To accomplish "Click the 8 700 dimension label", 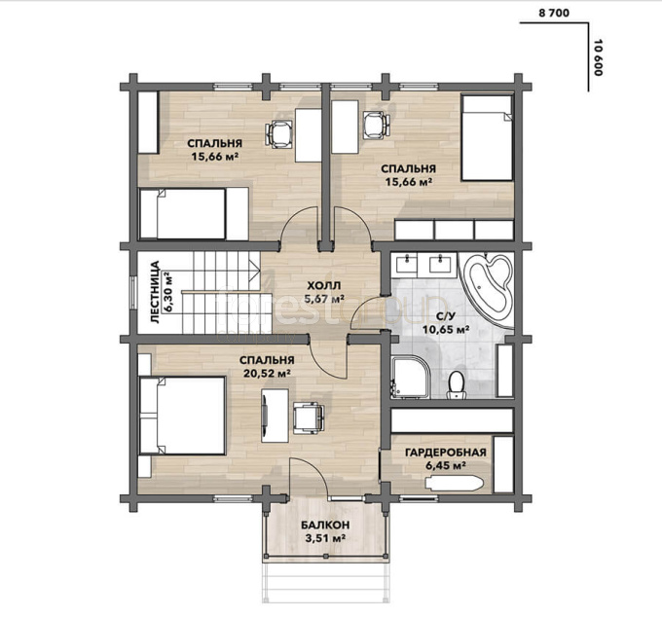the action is click(x=554, y=13).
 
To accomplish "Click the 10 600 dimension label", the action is click(x=598, y=57).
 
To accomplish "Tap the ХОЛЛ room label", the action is click(x=324, y=286).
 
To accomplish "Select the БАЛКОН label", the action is click(x=325, y=525).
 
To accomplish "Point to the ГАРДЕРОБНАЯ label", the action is click(x=446, y=453).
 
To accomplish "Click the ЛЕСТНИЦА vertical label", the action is click(x=155, y=292).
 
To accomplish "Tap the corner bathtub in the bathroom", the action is click(x=488, y=289).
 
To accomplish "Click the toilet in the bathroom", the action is click(x=456, y=384).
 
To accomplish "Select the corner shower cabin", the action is click(x=410, y=378).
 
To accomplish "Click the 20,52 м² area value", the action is click(x=267, y=373).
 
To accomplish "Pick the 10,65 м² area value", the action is click(x=447, y=329).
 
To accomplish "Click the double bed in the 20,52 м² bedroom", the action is click(x=182, y=416).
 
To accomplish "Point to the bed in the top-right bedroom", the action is click(x=487, y=138).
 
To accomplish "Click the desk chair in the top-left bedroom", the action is click(x=279, y=134).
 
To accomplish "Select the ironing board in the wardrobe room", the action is click(x=454, y=484).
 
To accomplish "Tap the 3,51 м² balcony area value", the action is click(x=325, y=538).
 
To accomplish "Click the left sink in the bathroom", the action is click(x=407, y=265).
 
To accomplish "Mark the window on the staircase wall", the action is click(x=132, y=293).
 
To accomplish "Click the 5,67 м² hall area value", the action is click(x=324, y=300).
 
